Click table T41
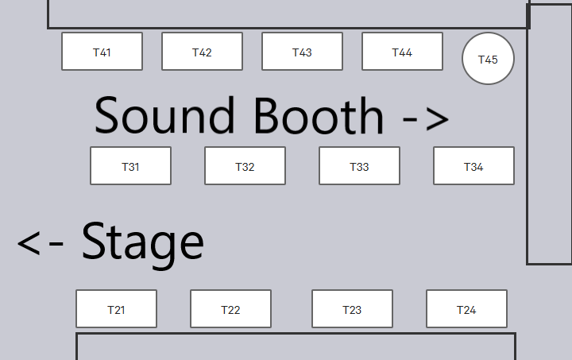point(102,52)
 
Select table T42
point(202,52)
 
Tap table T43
point(302,52)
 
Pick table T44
point(402,52)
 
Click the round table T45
point(488,59)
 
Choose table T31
point(130,166)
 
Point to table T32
point(245,166)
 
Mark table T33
point(359,166)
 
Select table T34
point(473,166)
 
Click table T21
point(116,309)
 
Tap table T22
point(230,309)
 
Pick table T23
point(352,309)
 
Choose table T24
point(466,309)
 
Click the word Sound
point(164,115)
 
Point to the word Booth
point(319,115)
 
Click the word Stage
point(143,243)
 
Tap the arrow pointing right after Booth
point(426,119)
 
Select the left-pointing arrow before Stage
point(41,244)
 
